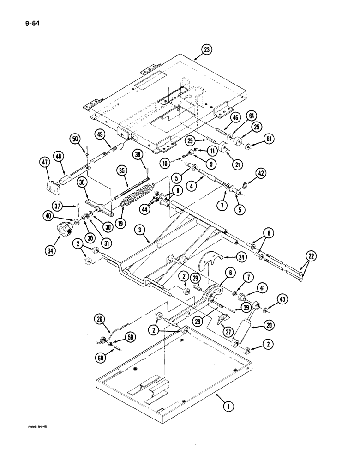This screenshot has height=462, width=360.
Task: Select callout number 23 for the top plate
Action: coord(207,50)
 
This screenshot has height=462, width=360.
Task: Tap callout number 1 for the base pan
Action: coord(226,407)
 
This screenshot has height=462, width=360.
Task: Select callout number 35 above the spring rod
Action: coord(122,170)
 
